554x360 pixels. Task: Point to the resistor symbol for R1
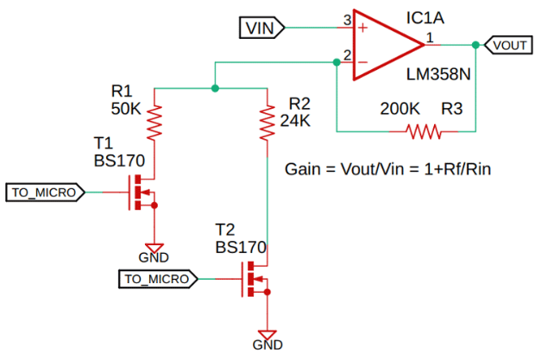pyautogui.click(x=155, y=122)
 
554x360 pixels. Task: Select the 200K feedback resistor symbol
pyautogui.click(x=423, y=132)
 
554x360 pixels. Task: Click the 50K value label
pyautogui.click(x=125, y=111)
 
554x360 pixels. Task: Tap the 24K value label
pyautogui.click(x=295, y=121)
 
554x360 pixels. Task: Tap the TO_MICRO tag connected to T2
pyautogui.click(x=158, y=279)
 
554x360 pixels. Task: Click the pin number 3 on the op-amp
pyautogui.click(x=347, y=19)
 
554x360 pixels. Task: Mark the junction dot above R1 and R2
pyautogui.click(x=214, y=88)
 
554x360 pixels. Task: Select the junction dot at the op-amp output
pyautogui.click(x=475, y=44)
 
